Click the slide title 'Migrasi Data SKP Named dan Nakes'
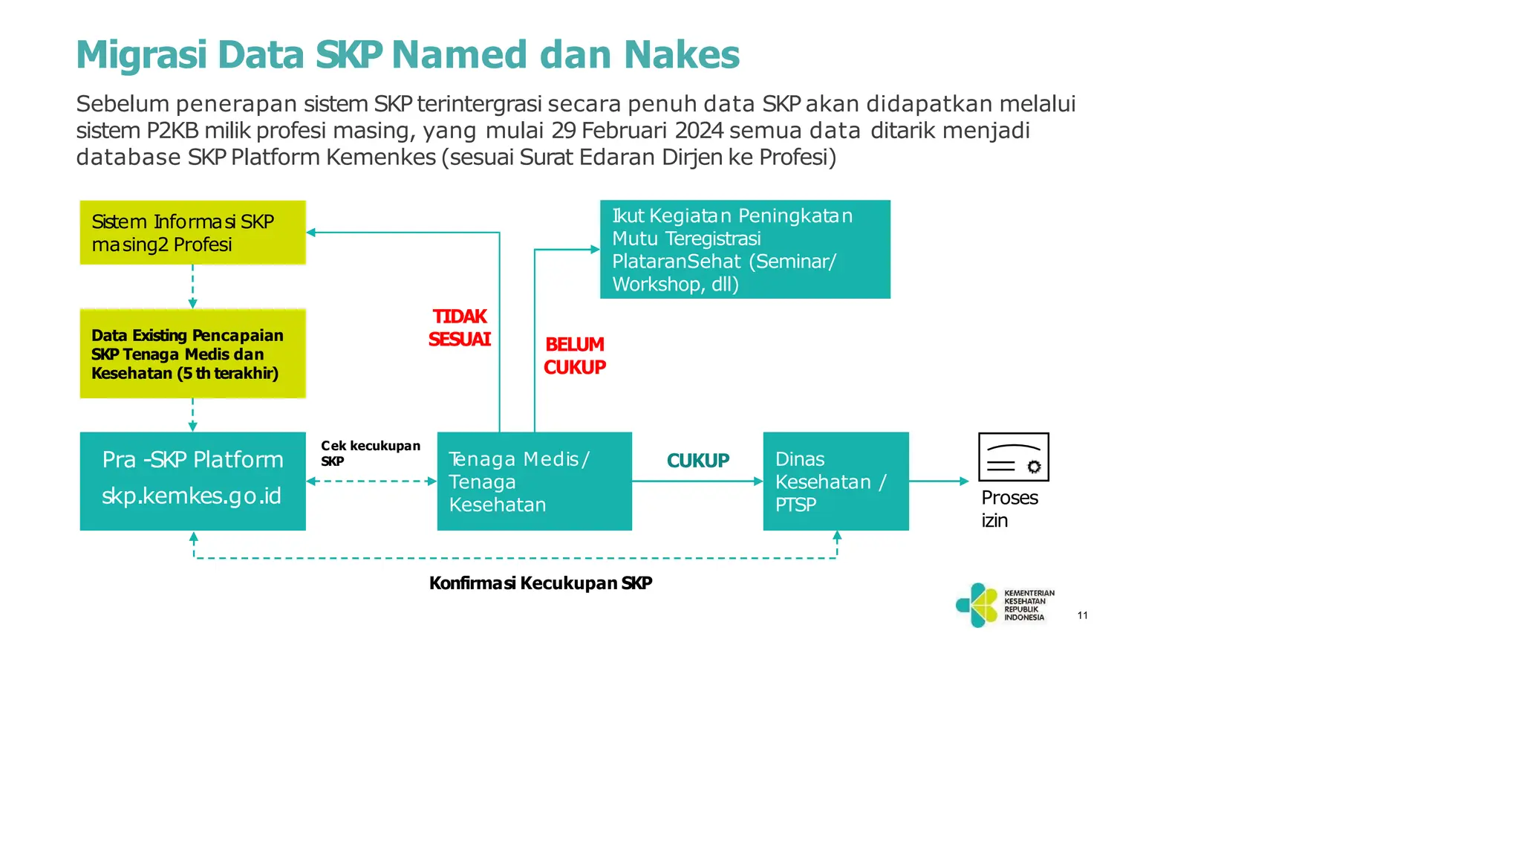click(x=408, y=55)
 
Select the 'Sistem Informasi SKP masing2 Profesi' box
click(x=192, y=233)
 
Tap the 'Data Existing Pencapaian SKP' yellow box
click(x=192, y=354)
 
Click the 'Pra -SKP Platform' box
click(x=192, y=461)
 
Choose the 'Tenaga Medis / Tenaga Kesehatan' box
click(x=534, y=481)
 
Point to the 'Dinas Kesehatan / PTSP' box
click(x=836, y=481)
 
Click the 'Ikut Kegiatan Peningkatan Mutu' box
click(x=745, y=250)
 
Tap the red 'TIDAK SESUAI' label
click(x=460, y=328)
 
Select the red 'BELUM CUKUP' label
click(x=575, y=356)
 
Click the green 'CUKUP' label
click(x=698, y=461)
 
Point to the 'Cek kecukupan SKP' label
click(x=370, y=453)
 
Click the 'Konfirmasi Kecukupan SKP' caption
click(x=541, y=583)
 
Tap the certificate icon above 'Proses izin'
click(x=1013, y=458)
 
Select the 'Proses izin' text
click(x=1009, y=509)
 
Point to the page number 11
click(x=1083, y=615)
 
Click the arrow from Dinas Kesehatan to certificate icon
click(x=939, y=481)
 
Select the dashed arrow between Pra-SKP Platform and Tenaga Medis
click(x=371, y=481)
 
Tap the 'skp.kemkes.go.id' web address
click(x=192, y=496)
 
